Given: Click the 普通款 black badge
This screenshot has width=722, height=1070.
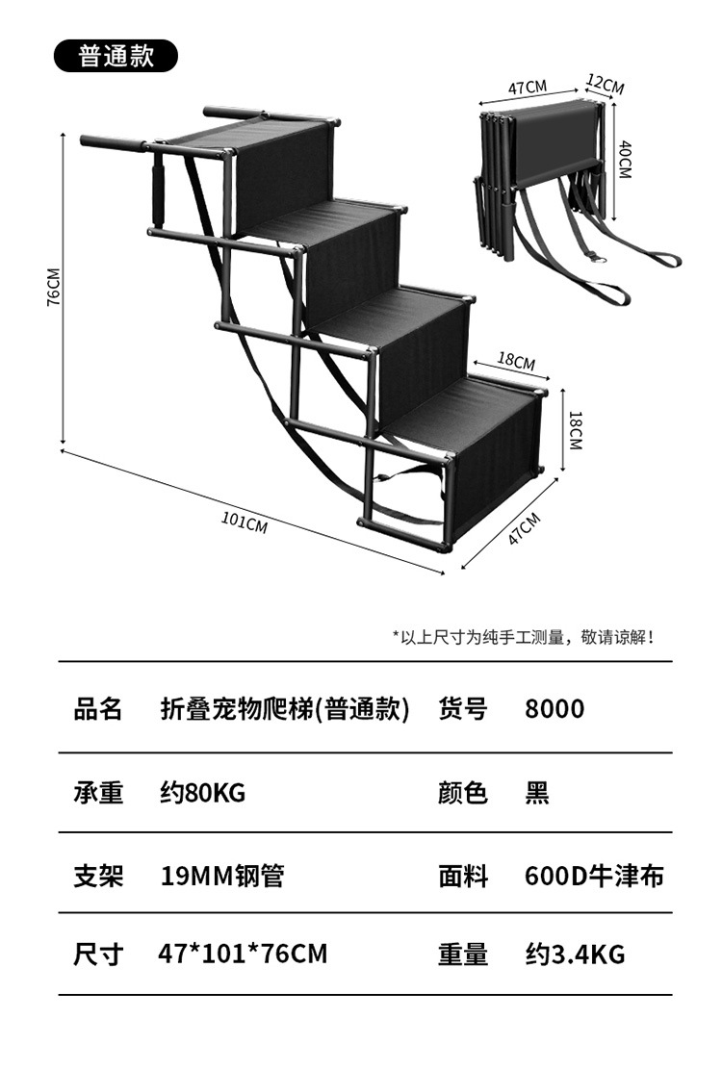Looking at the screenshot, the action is (116, 56).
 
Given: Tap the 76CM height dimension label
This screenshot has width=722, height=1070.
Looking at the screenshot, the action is (53, 288).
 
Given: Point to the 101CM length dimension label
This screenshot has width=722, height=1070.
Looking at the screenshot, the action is (245, 522).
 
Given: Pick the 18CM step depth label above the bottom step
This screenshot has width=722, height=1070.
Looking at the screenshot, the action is (516, 360).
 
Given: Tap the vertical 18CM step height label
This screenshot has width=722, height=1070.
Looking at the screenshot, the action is (576, 430).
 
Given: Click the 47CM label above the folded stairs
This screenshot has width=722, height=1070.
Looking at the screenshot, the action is (528, 88).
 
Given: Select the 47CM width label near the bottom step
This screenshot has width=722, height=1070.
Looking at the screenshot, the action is (524, 527).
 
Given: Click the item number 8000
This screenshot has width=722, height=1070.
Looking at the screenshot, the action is (554, 709).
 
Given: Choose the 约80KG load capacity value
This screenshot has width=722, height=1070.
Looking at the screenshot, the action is (203, 793).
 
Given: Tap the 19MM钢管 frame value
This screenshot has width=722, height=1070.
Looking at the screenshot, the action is (222, 876).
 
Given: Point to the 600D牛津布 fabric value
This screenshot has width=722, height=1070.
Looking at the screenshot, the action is (594, 876).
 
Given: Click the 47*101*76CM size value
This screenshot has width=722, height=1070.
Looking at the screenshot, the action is (243, 954).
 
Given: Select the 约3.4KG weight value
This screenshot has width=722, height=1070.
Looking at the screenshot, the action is (575, 954).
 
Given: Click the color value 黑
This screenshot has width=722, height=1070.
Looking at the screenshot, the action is (537, 793).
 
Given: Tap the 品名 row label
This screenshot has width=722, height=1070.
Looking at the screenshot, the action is (98, 709).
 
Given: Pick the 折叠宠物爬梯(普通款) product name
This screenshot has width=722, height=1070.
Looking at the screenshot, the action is (285, 709).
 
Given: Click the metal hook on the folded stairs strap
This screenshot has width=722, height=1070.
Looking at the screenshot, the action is (599, 259).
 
